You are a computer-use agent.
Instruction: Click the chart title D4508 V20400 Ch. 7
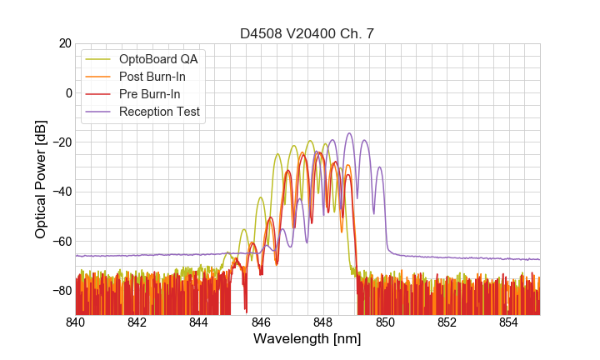click(x=307, y=34)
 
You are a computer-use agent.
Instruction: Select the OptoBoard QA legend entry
click(x=158, y=59)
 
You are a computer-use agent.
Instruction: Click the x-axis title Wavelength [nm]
click(x=307, y=339)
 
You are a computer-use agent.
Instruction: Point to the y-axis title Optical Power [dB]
click(x=41, y=179)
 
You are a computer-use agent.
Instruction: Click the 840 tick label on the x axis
click(x=76, y=322)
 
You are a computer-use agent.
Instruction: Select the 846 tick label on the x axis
click(x=261, y=322)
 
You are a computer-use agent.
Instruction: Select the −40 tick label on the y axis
click(x=61, y=192)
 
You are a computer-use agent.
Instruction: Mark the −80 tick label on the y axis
click(x=61, y=291)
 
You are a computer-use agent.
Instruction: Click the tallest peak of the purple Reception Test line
click(x=349, y=133)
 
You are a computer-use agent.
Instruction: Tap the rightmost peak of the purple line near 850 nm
click(x=380, y=167)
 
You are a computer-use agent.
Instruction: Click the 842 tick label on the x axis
click(x=137, y=322)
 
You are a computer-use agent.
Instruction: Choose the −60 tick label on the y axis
click(x=61, y=242)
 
